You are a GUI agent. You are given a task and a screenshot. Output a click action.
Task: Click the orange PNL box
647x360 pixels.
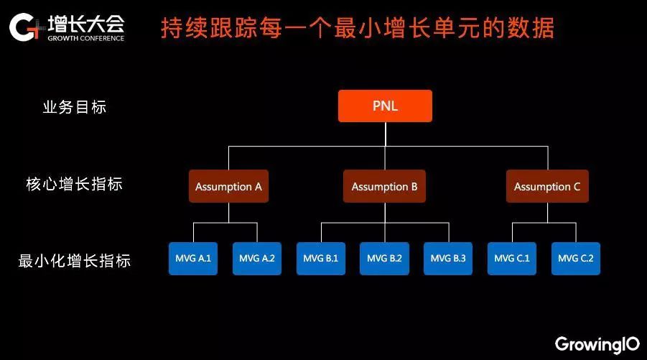(385, 106)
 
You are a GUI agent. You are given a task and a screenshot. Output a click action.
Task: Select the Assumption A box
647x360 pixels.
(228, 187)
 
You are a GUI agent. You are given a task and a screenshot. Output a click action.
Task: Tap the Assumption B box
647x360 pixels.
(384, 187)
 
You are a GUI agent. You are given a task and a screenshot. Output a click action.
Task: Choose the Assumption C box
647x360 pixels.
(547, 187)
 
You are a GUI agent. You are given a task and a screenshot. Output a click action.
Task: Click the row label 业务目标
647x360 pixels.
(75, 107)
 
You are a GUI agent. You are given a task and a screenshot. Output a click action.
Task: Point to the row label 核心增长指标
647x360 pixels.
(75, 184)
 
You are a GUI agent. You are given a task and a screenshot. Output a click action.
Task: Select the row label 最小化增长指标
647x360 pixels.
(75, 261)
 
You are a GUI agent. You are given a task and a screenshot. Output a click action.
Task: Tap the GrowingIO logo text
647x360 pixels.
(597, 343)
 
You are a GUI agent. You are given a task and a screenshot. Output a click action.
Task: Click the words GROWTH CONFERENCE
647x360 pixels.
(86, 38)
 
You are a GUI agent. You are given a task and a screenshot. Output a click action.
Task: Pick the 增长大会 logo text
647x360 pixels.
(86, 22)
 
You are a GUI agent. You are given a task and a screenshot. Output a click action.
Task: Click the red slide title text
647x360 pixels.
(358, 29)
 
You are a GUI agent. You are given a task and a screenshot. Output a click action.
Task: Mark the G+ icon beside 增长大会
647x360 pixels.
(27, 27)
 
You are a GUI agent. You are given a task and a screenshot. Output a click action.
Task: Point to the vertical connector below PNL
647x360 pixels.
(385, 134)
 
